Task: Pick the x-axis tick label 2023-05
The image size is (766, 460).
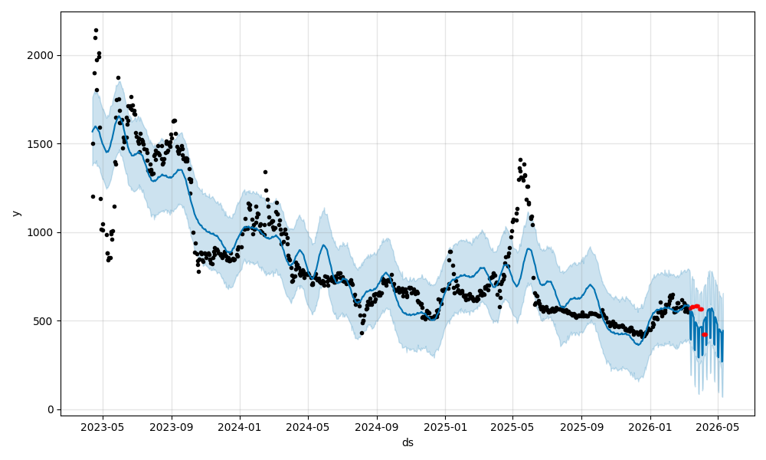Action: point(102,426)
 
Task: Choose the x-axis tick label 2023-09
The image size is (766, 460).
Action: point(172,426)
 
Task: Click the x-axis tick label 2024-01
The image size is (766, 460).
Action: point(240,426)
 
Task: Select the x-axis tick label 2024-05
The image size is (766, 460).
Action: point(308,426)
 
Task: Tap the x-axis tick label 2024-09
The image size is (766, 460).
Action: point(377,426)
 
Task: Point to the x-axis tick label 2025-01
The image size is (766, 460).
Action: point(445,426)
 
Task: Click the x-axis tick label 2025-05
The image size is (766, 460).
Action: point(512,426)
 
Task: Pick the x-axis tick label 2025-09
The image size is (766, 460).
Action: point(581,426)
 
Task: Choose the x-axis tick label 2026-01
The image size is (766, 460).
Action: point(650,426)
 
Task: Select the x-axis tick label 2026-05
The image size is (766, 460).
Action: point(718,426)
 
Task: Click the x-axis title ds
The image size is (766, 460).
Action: point(408,442)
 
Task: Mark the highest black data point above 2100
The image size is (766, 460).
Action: point(96,31)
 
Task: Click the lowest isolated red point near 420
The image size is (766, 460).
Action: point(705,334)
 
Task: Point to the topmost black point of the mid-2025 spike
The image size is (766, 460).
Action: point(520,160)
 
